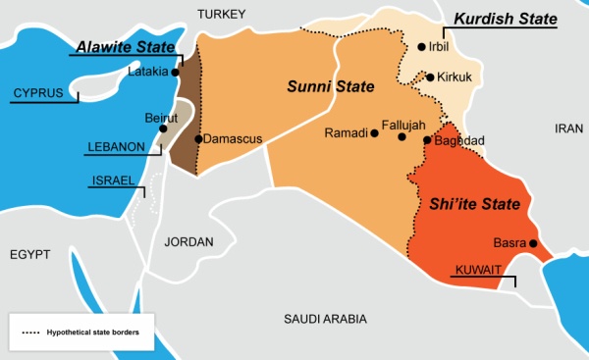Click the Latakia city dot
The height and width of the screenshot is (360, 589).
tap(175, 72)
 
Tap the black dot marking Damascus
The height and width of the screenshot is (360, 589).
tap(198, 139)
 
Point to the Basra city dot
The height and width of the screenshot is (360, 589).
tap(533, 243)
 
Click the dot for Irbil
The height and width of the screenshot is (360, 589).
tap(421, 46)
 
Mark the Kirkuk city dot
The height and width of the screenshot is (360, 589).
tap(430, 77)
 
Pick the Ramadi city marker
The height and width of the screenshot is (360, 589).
tap(374, 133)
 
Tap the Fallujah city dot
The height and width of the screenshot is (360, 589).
tap(402, 138)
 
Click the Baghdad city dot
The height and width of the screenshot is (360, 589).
tap(427, 140)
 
